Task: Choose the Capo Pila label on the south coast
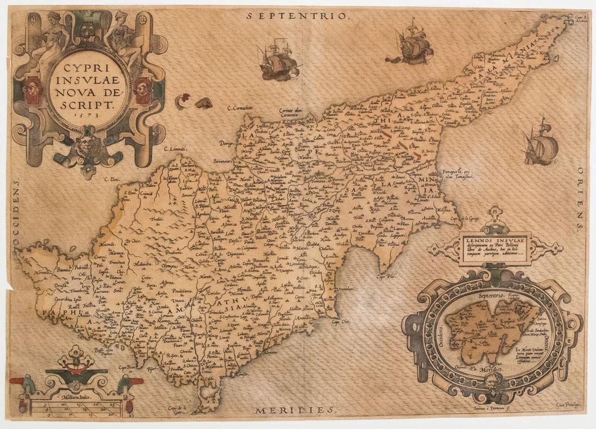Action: [386, 276]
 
